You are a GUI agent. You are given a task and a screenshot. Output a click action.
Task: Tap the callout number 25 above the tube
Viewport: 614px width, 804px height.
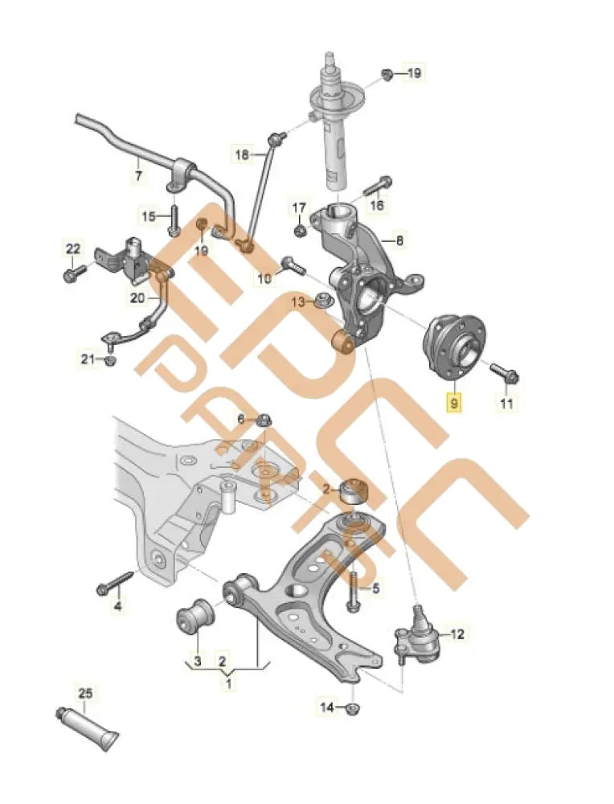[x=86, y=692]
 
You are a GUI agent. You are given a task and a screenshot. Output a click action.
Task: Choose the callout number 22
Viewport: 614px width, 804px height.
[x=72, y=248]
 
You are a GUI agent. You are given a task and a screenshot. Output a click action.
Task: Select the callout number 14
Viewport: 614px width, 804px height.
[x=326, y=708]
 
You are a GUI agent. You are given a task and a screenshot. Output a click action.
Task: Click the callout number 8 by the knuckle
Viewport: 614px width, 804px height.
[x=399, y=240]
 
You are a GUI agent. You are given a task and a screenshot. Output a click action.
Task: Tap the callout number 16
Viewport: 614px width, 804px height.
[x=376, y=206]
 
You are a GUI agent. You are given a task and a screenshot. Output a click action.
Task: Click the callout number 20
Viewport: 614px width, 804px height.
[x=137, y=297]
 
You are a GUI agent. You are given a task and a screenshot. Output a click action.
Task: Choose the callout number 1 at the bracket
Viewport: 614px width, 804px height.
[x=228, y=684]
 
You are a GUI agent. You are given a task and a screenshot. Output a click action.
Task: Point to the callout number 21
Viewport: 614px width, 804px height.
[x=86, y=359]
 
